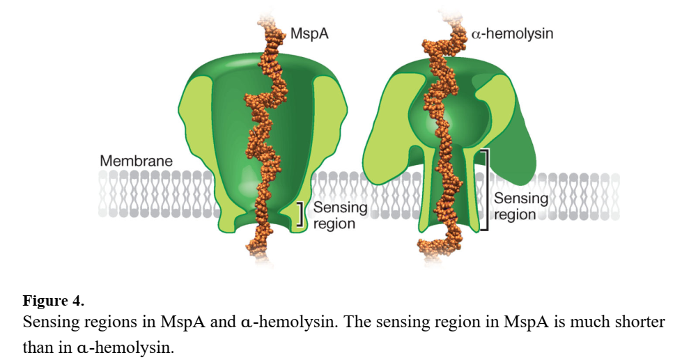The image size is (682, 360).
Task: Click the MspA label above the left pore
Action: pos(310,33)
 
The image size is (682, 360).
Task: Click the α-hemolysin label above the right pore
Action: pos(512,33)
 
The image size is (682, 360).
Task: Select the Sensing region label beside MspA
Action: pos(340,215)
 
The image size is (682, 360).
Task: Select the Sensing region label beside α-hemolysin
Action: pos(520,206)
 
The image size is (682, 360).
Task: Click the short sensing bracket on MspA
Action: pos(300,214)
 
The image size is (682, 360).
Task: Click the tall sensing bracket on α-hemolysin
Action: pos(488,189)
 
